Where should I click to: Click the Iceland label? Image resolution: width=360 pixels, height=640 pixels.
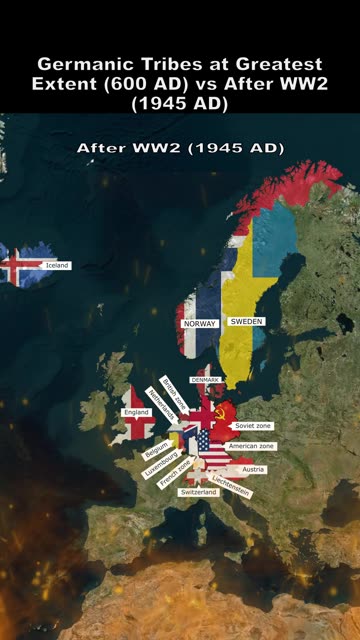tap(57, 265)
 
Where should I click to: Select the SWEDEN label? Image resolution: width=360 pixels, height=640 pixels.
tap(246, 322)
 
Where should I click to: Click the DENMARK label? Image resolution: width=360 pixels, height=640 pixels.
tap(204, 381)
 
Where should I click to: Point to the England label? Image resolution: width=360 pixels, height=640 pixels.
tap(136, 412)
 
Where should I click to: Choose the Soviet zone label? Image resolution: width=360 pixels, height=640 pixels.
tap(252, 426)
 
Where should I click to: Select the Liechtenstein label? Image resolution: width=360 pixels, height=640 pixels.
tap(231, 486)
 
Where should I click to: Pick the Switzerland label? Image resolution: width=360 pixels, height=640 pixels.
tap(197, 493)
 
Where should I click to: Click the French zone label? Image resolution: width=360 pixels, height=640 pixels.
tap(176, 474)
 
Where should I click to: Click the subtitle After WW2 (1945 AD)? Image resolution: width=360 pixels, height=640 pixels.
tap(180, 147)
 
